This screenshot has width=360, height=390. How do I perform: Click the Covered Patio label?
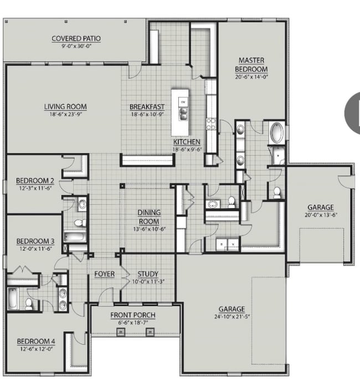pyautogui.click(x=76, y=38)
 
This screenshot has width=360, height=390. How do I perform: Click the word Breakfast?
pyautogui.click(x=147, y=107)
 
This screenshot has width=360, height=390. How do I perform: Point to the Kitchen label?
pyautogui.click(x=187, y=142)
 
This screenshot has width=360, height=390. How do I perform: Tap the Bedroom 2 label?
pyautogui.click(x=34, y=181)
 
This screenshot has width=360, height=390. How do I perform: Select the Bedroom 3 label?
pyautogui.click(x=34, y=241)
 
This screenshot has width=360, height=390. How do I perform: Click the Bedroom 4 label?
pyautogui.click(x=34, y=341)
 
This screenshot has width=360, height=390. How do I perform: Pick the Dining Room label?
pyautogui.click(x=149, y=217)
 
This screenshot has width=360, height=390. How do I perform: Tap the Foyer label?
pyautogui.click(x=104, y=274)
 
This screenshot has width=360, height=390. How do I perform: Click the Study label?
pyautogui.click(x=148, y=274)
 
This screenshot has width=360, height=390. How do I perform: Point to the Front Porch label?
pyautogui.click(x=132, y=315)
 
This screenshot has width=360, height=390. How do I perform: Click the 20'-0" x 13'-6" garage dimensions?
pyautogui.click(x=321, y=215)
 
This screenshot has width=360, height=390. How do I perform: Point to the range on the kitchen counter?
pyautogui.click(x=211, y=123)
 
